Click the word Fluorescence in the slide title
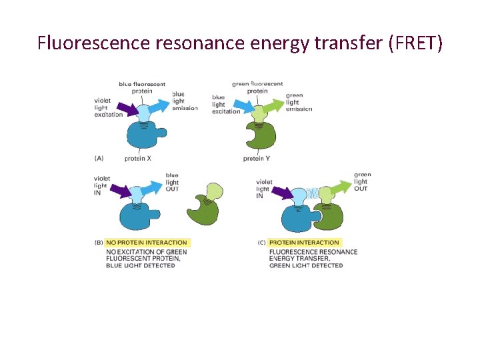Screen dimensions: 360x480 point(93,44)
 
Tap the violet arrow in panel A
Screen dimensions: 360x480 point(125,109)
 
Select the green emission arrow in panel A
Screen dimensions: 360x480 point(272,106)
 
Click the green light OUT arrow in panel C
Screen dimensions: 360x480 point(341,189)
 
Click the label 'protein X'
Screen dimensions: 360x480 point(138,159)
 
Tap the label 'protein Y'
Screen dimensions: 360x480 point(257,159)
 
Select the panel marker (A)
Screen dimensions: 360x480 point(99,158)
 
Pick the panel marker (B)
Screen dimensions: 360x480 point(99,243)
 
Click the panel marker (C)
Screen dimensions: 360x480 point(262,243)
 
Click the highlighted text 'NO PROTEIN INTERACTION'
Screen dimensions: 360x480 point(146,243)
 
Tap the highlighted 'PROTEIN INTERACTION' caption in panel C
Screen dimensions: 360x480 point(304,243)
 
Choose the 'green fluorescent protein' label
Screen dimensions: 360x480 point(257,87)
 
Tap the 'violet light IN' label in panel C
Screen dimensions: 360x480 point(264,188)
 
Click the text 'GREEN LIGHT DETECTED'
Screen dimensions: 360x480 point(306,265)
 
